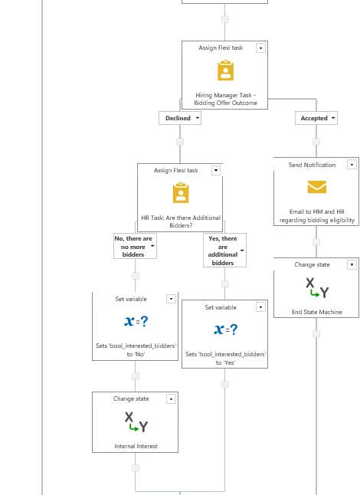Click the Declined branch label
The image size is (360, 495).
pyautogui.click(x=180, y=118)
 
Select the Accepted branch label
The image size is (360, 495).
pyautogui.click(x=316, y=118)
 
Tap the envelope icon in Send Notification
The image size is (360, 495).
pyautogui.click(x=317, y=186)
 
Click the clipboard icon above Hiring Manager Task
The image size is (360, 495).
pyautogui.click(x=225, y=70)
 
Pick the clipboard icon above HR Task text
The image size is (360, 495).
pyautogui.click(x=181, y=192)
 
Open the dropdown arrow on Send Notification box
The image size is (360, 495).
pyautogui.click(x=352, y=165)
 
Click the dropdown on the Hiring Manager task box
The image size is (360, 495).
pyautogui.click(x=260, y=48)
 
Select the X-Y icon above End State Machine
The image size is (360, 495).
pyautogui.click(x=317, y=287)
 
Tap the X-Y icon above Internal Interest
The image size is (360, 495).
pyautogui.click(x=136, y=421)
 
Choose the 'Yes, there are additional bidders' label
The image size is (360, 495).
pyautogui.click(x=224, y=251)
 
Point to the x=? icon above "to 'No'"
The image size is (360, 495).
pyautogui.click(x=136, y=321)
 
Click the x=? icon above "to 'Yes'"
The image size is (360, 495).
pyautogui.click(x=226, y=329)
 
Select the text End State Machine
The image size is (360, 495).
pyautogui.click(x=317, y=312)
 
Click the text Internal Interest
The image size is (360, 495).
pyautogui.click(x=136, y=446)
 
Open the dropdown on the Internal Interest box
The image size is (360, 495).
pyautogui.click(x=171, y=399)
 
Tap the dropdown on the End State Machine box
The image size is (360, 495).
pyautogui.click(x=352, y=264)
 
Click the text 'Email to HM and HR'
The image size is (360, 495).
pyautogui.click(x=317, y=211)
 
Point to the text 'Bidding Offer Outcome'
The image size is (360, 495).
pyautogui.click(x=225, y=103)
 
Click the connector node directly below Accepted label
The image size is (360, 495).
pyautogui.click(x=316, y=142)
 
